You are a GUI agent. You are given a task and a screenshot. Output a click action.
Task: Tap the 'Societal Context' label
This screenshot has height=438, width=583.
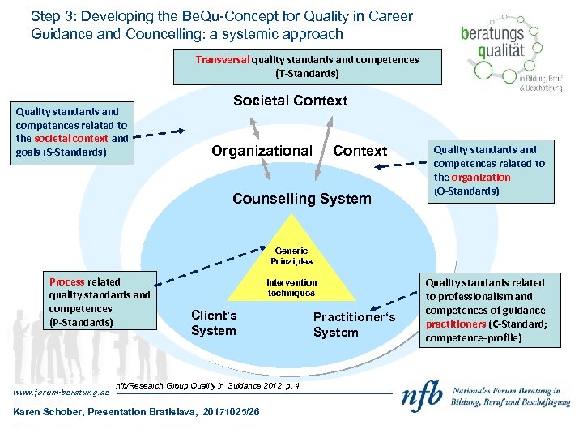[x=290, y=101]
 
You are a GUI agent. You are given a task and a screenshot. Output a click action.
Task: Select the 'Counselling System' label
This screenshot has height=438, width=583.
[x=301, y=199]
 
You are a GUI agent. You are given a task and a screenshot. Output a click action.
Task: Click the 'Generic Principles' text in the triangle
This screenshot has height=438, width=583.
[x=291, y=256]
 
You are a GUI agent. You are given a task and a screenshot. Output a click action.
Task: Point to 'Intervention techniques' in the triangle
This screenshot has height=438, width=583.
[x=291, y=288]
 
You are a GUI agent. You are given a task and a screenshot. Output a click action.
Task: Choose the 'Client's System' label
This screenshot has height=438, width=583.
[x=214, y=323]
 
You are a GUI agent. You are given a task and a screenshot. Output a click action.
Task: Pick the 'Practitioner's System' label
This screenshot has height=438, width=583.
[x=354, y=324]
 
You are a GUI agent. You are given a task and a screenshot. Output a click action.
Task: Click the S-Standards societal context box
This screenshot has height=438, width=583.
[x=71, y=131]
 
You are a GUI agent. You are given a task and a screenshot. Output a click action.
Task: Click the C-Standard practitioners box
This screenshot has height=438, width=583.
[x=499, y=310]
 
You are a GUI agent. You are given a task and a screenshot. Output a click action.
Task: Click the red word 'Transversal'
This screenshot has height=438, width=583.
[x=223, y=60]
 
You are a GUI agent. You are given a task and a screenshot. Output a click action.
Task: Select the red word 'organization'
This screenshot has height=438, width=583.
[x=482, y=177]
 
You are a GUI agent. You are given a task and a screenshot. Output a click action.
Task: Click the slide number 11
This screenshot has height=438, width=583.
[x=17, y=425]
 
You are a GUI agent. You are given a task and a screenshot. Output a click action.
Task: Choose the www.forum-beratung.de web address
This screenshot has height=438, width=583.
[x=56, y=393]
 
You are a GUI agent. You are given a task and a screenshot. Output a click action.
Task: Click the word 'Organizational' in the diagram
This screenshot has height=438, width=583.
[x=261, y=151]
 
